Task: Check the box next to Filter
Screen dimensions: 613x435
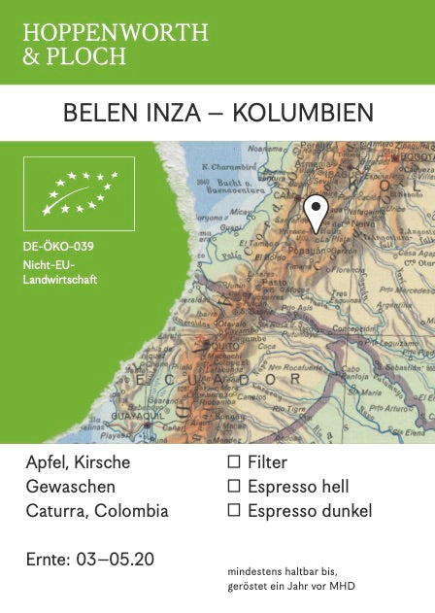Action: [x=233, y=462]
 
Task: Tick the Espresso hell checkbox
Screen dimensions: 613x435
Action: [x=233, y=487]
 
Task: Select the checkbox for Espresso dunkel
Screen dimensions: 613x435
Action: [x=233, y=511]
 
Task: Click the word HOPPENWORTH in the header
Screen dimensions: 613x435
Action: [x=116, y=33]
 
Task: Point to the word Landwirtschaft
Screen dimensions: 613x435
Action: [x=60, y=280]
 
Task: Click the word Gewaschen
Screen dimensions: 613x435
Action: [x=70, y=487]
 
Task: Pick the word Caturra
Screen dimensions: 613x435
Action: [x=54, y=511]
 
